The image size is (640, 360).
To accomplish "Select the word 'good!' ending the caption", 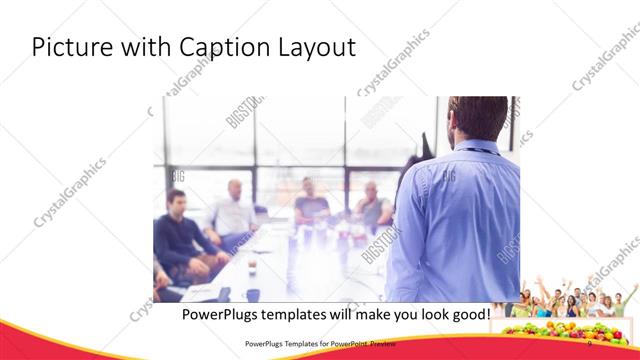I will click(x=468, y=314).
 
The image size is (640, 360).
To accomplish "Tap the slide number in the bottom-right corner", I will click(x=590, y=342).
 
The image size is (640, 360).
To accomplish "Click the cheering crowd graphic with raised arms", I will click(x=570, y=299).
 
